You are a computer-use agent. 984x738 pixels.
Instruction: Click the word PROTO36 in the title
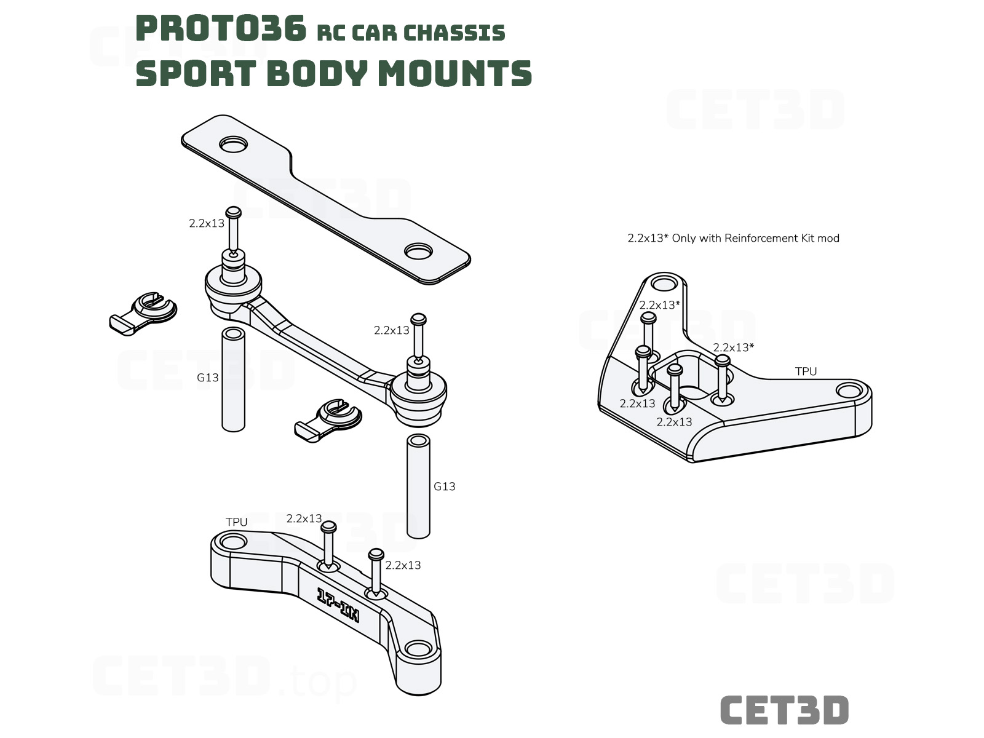tap(221, 28)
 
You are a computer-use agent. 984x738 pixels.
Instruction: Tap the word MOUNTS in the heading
tap(455, 73)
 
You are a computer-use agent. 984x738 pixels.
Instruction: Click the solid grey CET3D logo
tap(784, 710)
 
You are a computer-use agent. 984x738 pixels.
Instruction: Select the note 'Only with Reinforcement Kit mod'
tap(755, 238)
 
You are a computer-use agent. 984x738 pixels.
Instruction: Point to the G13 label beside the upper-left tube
tap(207, 378)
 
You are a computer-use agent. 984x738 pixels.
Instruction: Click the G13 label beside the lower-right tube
tap(444, 486)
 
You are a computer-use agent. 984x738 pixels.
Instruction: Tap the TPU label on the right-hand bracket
tap(806, 371)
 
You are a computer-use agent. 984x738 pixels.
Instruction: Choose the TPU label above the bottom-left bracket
tap(236, 522)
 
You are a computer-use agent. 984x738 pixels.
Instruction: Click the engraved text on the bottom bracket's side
tap(338, 605)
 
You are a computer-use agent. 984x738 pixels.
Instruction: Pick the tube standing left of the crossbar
tap(234, 379)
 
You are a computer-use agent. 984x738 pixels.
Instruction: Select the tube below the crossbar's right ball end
tap(418, 486)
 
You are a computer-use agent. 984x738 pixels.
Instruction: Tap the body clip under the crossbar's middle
tap(328, 420)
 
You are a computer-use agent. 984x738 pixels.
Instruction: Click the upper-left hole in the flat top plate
tap(233, 145)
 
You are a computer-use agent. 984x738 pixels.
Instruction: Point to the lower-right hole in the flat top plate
tap(418, 252)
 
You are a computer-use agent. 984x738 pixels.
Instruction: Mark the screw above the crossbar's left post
tap(234, 232)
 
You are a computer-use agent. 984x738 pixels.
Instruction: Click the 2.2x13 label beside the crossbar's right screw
tap(392, 330)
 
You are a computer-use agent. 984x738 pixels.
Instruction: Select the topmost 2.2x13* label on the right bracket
tap(660, 305)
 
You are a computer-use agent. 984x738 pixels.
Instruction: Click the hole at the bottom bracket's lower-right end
tap(418, 648)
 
